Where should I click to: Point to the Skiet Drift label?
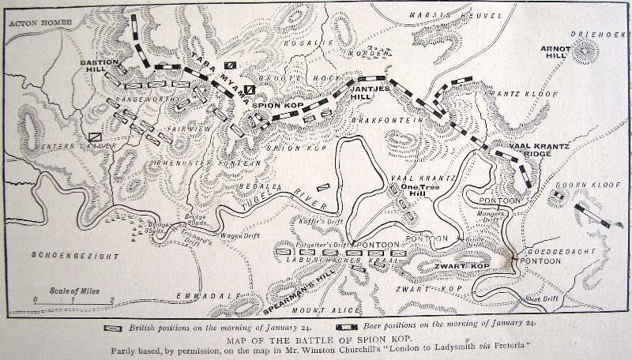pyautogui.click(x=542, y=299)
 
